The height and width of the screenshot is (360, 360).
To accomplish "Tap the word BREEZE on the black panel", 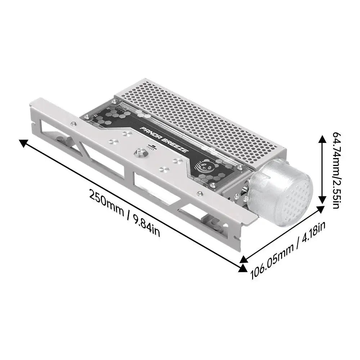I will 175,146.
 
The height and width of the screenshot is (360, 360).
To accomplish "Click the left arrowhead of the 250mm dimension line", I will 23,144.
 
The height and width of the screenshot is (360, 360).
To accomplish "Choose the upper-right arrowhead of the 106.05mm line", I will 320,210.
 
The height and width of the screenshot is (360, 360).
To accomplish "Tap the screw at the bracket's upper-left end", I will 74,124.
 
